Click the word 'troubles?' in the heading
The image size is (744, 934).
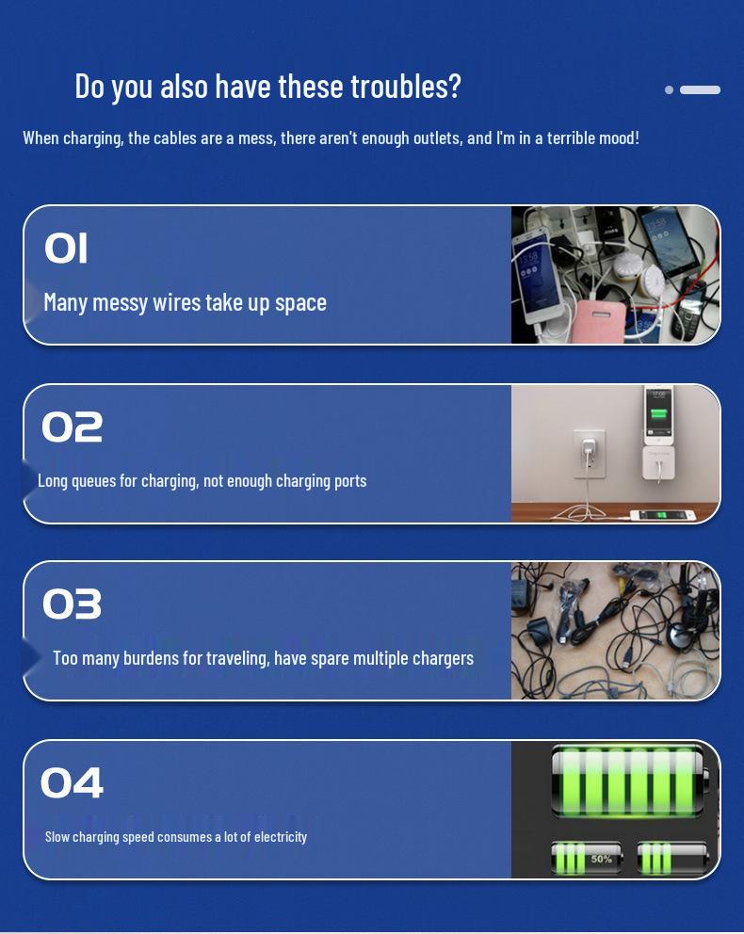pyautogui.click(x=406, y=87)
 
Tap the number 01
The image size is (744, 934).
pyautogui.click(x=66, y=248)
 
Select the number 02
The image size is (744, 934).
pyautogui.click(x=73, y=427)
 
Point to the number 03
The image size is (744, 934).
pyautogui.click(x=73, y=604)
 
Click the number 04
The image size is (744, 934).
pyautogui.click(x=73, y=782)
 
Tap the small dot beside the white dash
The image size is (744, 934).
pyautogui.click(x=669, y=90)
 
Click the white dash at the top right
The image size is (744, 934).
pyautogui.click(x=700, y=90)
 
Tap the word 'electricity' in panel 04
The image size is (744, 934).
pyautogui.click(x=281, y=837)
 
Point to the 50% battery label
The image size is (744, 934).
pyautogui.click(x=601, y=859)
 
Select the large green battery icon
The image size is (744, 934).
pyautogui.click(x=630, y=781)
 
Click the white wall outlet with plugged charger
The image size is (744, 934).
pyautogui.click(x=590, y=455)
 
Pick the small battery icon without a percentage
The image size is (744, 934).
pyautogui.click(x=672, y=859)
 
